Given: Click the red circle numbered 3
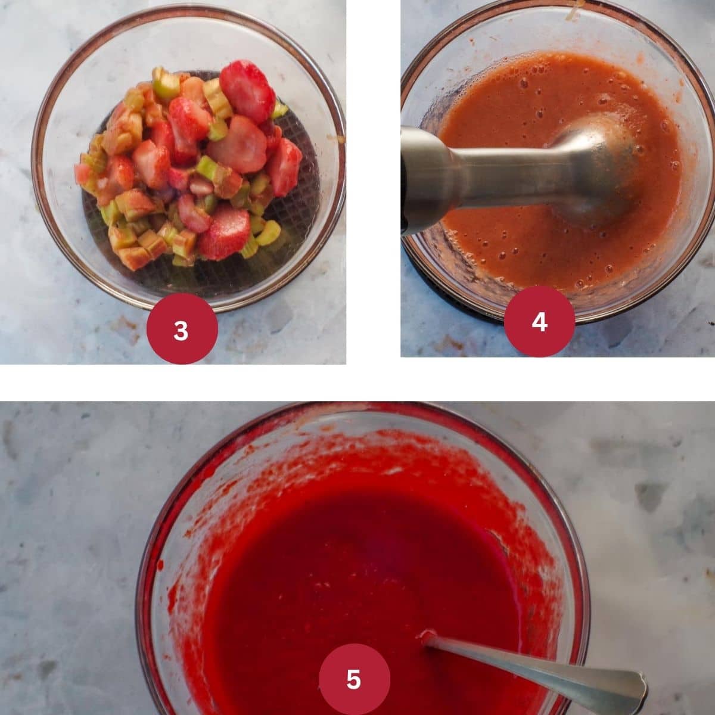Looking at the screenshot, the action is (182, 328).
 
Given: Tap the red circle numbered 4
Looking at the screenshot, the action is (539, 321).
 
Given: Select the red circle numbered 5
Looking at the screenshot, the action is (355, 679).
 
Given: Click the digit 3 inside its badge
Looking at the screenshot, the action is (181, 331).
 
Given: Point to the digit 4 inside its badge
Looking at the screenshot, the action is (539, 322).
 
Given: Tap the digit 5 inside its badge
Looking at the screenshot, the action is (353, 679).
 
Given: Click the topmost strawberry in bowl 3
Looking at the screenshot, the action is (247, 91).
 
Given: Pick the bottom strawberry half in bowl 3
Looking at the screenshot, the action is (225, 234).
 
